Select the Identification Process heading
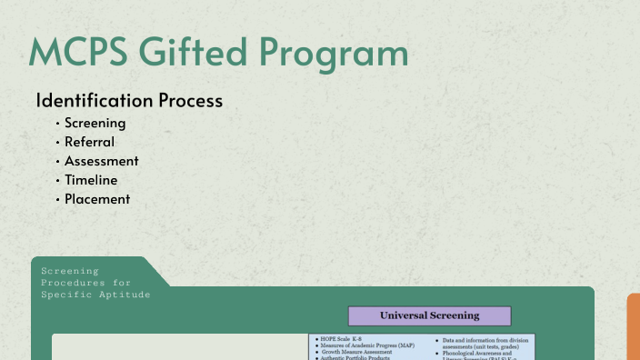[129, 101]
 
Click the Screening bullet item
[95, 123]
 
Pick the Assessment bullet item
[101, 161]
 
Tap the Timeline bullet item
[91, 180]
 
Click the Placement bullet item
[96, 199]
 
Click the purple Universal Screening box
[429, 315]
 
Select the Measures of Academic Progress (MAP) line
[369, 345]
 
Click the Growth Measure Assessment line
[359, 352]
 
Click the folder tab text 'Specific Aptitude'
[95, 295]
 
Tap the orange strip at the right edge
[634, 326]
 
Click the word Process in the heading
[192, 101]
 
